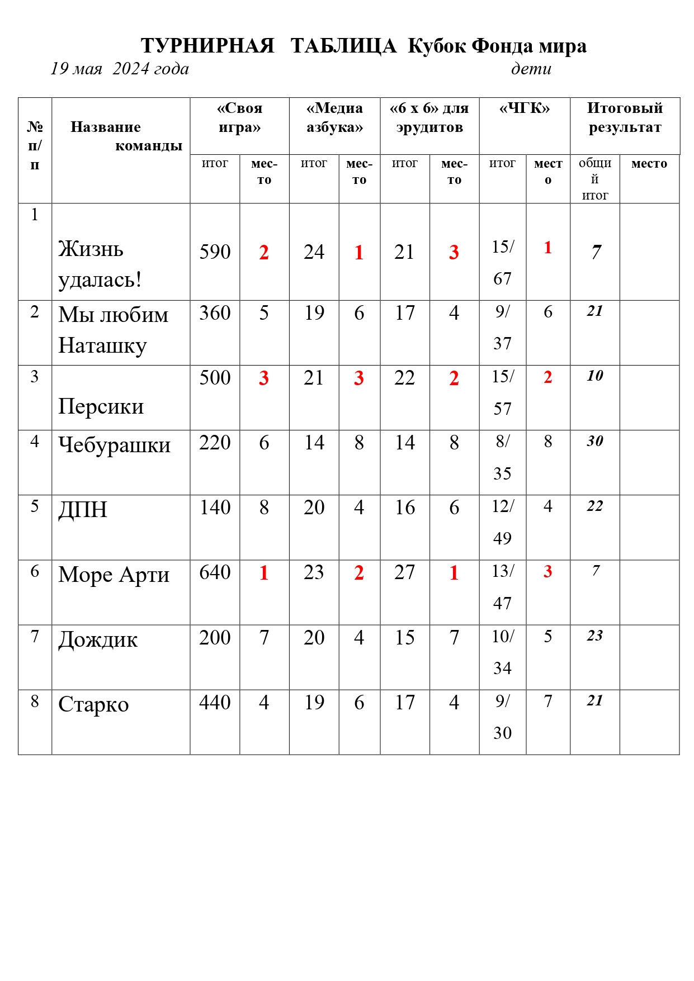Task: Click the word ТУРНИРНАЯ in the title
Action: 207,46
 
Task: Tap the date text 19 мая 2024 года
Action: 120,69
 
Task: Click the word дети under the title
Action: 531,69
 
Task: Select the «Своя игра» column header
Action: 239,117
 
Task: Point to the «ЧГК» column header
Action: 525,108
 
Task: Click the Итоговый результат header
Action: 625,117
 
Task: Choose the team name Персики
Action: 101,406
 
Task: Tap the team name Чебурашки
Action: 115,445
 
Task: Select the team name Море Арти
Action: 114,575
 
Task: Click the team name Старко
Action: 93,704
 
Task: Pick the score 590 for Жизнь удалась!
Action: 215,252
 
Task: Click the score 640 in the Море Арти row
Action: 215,572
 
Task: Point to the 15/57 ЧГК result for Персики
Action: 502,392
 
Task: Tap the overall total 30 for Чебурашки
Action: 595,441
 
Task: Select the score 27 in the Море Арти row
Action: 404,572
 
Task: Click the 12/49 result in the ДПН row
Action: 502,522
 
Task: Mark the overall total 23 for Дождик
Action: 595,636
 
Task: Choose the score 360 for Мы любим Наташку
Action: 215,313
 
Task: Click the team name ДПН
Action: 83,510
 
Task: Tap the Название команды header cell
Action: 120,136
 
